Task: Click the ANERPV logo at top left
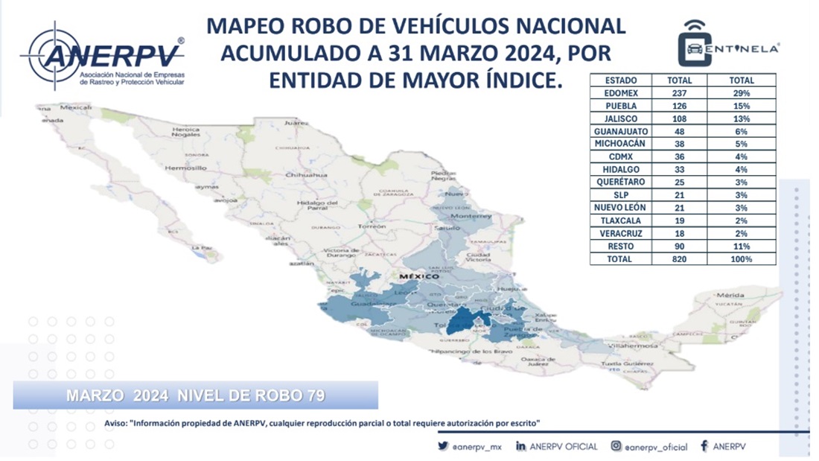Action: [104, 56]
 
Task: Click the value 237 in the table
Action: [680, 93]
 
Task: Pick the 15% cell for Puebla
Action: [742, 106]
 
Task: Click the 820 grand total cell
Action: [680, 259]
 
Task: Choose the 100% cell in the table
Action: [742, 259]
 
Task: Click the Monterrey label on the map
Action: [471, 216]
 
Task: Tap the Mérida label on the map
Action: [730, 295]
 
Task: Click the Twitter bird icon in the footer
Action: [443, 446]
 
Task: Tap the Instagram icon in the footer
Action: [616, 446]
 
